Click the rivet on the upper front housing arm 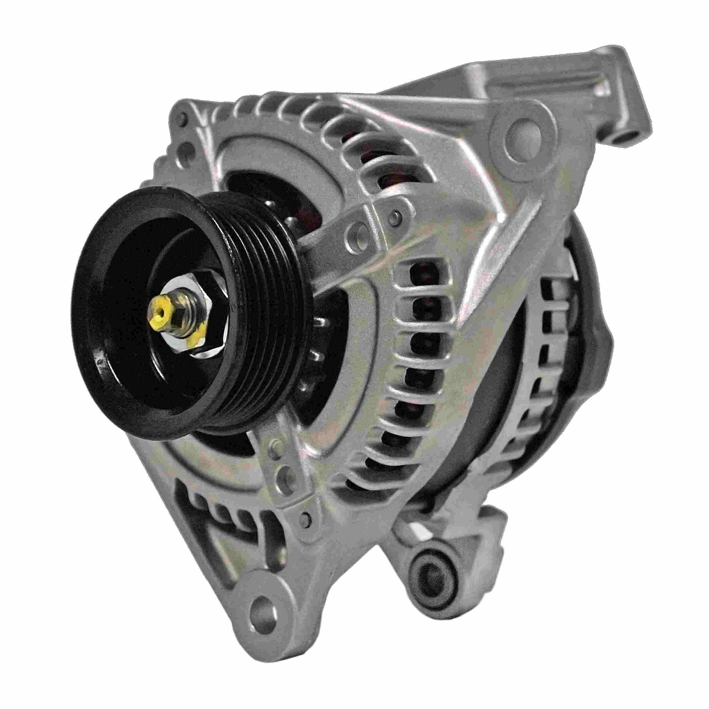click(x=395, y=217)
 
